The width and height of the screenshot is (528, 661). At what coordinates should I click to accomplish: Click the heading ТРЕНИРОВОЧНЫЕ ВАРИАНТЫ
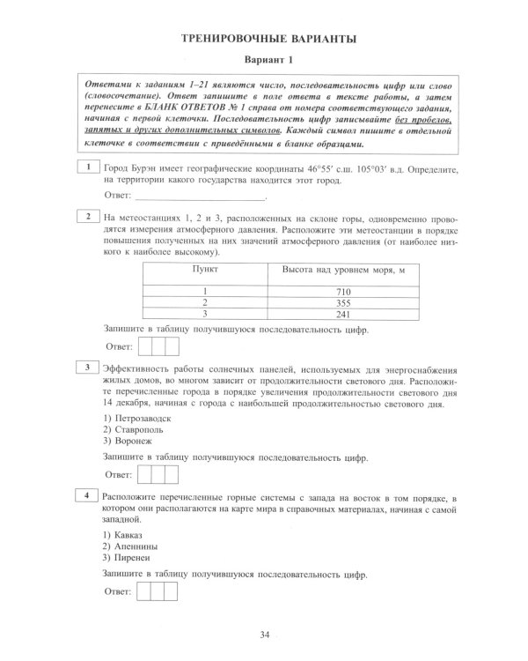point(268,39)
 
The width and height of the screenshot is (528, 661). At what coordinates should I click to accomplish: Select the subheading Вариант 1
point(268,60)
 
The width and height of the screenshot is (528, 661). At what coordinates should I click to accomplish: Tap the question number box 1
point(88,167)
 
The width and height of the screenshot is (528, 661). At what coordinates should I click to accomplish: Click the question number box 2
point(88,216)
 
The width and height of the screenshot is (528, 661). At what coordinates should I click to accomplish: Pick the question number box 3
point(88,367)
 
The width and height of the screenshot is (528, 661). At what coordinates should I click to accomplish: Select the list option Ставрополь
point(133,428)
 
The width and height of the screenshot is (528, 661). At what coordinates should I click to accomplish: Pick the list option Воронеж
point(127,441)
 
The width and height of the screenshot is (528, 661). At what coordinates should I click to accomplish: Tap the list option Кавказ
point(122,535)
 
